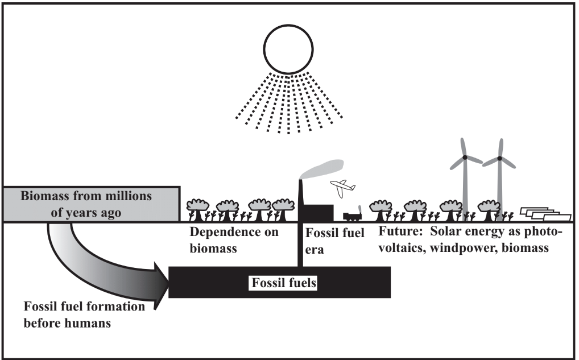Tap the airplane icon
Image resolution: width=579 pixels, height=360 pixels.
(x=342, y=188)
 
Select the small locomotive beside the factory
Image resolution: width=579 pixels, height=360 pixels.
(x=353, y=215)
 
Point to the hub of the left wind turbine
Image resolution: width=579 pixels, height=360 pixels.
(x=465, y=157)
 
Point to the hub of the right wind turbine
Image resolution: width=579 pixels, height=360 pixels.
(x=499, y=158)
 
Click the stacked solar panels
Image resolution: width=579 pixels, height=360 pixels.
(x=545, y=214)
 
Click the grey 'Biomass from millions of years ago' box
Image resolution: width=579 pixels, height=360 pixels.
(x=91, y=204)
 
